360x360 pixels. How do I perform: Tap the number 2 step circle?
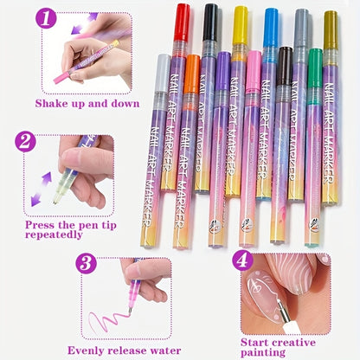pos(27,142)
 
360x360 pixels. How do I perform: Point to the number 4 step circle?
pos(242,259)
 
